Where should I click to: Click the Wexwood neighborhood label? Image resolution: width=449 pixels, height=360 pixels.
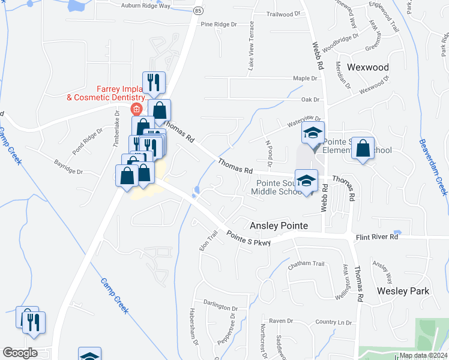(368, 67)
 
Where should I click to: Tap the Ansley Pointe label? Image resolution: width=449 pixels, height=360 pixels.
(279, 226)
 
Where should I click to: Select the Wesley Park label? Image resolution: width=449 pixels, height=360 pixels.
(403, 290)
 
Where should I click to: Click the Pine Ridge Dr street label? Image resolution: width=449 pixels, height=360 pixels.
(219, 25)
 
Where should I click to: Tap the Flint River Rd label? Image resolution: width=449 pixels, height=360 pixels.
(376, 237)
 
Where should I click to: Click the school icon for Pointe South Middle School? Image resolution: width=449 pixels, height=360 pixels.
(306, 180)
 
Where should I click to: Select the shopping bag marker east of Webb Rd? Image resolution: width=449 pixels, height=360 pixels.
(363, 149)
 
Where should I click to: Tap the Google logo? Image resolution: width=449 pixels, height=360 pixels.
(20, 353)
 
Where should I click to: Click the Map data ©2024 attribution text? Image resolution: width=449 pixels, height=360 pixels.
(423, 355)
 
